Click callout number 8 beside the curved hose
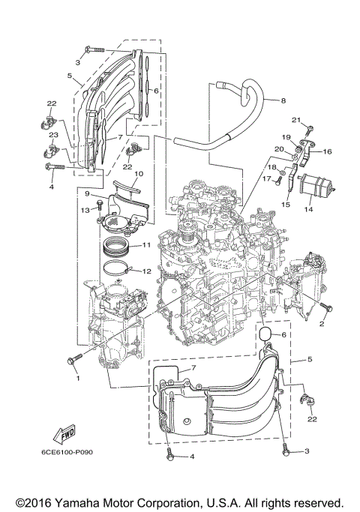coord(283,100)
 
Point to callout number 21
coord(295,120)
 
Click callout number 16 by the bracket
coord(328,151)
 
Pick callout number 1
coord(76,378)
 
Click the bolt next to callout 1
coord(74,361)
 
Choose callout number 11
coord(147,245)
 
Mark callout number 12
coord(147,271)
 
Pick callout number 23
coord(54,135)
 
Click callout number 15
coord(285,204)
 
